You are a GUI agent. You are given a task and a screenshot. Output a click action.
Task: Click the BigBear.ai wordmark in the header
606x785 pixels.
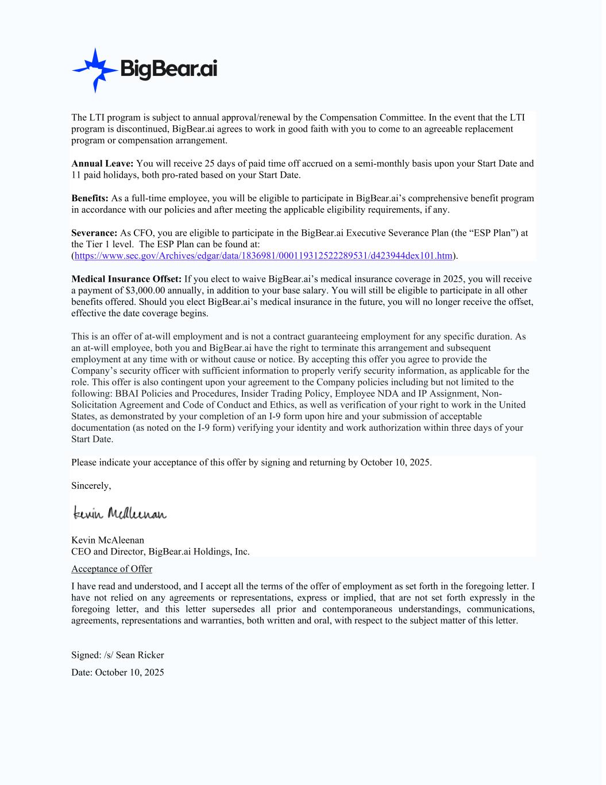[168, 69]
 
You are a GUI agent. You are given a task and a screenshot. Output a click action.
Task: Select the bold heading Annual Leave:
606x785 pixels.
[102, 163]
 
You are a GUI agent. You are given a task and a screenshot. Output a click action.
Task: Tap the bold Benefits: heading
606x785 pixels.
[90, 198]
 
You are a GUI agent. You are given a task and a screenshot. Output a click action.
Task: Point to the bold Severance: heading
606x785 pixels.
[94, 233]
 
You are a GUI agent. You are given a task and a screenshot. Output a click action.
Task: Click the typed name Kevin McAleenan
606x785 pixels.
[107, 540]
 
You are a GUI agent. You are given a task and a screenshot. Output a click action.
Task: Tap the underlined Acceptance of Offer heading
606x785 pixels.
[111, 569]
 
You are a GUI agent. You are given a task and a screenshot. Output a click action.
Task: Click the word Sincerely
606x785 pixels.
[91, 486]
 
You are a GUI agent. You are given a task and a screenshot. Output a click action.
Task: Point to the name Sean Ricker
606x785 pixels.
[140, 655]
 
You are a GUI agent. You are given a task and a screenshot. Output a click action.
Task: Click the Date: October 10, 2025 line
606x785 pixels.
[117, 672]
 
